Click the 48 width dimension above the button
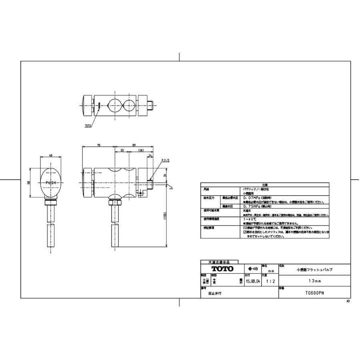[x=51, y=155]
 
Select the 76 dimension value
[x=98, y=146]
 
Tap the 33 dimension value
[x=122, y=151]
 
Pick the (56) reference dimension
[x=141, y=151]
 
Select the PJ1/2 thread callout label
[x=166, y=160]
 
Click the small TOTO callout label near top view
[x=88, y=126]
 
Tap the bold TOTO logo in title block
[x=222, y=269]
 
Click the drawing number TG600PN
[x=314, y=293]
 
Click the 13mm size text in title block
[x=314, y=281]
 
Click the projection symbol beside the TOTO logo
[x=252, y=268]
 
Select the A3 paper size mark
[x=348, y=301]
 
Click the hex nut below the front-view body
[x=115, y=202]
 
